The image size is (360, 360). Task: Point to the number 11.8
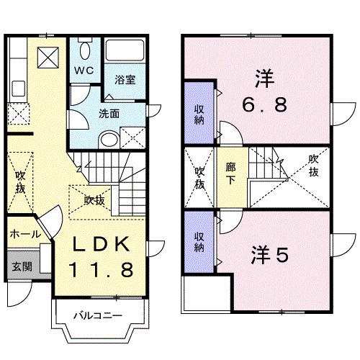click(101, 270)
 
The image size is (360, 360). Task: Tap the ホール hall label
click(24, 234)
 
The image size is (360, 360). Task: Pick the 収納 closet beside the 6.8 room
click(198, 114)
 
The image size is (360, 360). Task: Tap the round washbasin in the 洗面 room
click(107, 140)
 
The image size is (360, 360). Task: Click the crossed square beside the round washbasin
click(132, 138)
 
